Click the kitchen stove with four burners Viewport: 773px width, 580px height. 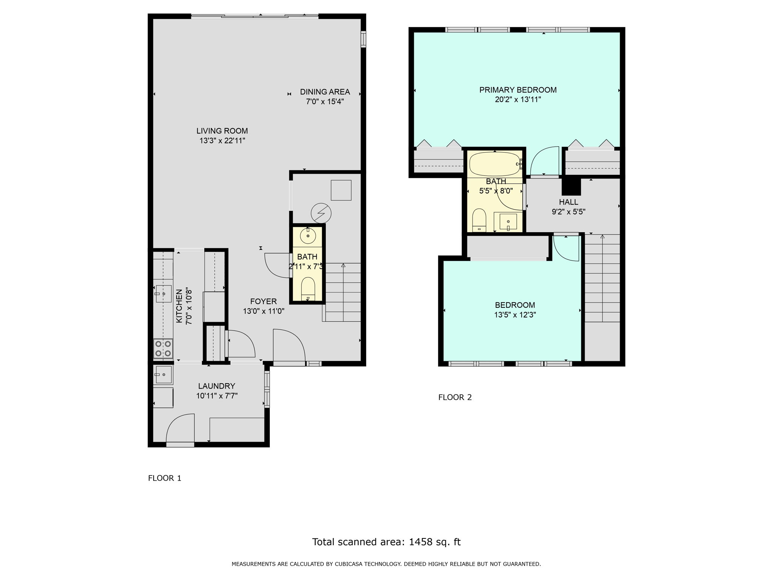(x=163, y=349)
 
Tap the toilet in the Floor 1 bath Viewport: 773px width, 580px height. (x=308, y=289)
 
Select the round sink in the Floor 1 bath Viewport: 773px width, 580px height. (x=308, y=236)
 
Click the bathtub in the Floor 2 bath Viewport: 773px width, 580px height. (x=494, y=164)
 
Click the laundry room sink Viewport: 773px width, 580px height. (x=163, y=374)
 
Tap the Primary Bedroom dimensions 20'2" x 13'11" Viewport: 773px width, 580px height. (x=518, y=100)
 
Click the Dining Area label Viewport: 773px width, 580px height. (x=325, y=92)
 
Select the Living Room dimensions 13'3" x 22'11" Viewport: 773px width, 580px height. (x=222, y=141)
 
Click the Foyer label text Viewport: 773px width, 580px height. (x=263, y=301)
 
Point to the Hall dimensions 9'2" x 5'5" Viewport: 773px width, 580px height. (x=568, y=212)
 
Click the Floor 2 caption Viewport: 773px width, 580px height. (x=455, y=397)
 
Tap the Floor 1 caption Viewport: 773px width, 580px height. (x=165, y=478)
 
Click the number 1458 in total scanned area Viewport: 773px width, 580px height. (x=421, y=542)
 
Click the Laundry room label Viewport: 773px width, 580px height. (x=217, y=386)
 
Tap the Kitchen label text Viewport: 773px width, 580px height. (x=179, y=306)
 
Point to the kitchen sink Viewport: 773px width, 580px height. (x=163, y=294)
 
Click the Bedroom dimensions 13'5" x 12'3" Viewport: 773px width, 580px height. (x=515, y=315)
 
